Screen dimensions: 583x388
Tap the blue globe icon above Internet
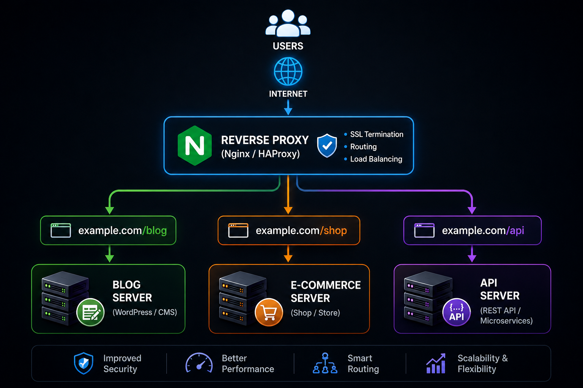[288, 72]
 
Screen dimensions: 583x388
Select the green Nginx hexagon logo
[195, 145]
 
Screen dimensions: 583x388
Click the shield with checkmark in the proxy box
[327, 145]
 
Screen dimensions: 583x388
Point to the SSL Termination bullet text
[377, 135]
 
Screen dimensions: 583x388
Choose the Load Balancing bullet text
[376, 159]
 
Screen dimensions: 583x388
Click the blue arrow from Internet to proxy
[288, 107]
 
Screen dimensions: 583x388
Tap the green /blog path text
[154, 230]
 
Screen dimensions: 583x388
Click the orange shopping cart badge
[269, 312]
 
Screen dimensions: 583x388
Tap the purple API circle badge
[457, 312]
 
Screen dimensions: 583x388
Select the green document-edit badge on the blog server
[90, 312]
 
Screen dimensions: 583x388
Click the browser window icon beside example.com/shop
[238, 230]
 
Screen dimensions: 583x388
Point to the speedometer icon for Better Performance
[199, 363]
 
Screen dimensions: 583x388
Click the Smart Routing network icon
[325, 363]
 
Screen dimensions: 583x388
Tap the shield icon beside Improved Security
[84, 363]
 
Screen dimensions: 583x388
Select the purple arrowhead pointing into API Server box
[472, 258]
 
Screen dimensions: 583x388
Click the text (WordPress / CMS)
[145, 312]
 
